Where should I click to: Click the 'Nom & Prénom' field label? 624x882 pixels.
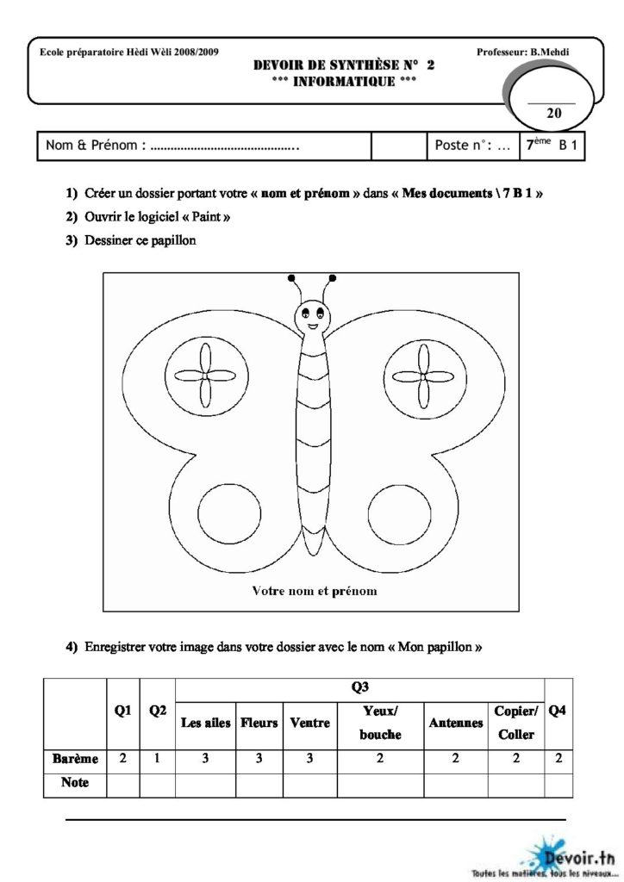(94, 146)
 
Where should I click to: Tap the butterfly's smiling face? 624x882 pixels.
(312, 315)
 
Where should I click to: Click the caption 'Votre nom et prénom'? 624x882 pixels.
(314, 591)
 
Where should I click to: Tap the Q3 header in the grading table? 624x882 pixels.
(360, 688)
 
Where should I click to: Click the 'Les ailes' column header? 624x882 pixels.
(205, 724)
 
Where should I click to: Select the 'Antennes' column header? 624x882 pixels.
(455, 724)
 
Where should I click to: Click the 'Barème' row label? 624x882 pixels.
(75, 759)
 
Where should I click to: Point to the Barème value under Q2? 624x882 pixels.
(157, 759)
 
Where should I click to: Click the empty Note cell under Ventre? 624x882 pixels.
(310, 784)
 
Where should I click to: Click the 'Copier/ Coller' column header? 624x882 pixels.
(516, 724)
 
